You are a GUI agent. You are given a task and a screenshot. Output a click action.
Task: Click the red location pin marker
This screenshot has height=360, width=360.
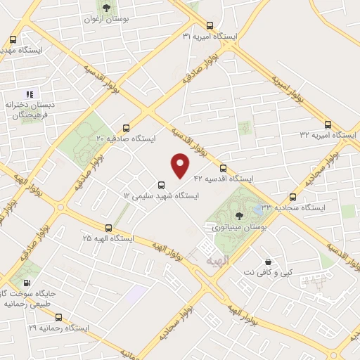[x=181, y=165]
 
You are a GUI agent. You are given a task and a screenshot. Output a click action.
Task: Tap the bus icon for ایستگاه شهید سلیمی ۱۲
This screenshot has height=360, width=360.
[x=162, y=186]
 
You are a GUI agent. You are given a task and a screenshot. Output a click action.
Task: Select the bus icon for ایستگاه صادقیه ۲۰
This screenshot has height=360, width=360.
[x=126, y=128]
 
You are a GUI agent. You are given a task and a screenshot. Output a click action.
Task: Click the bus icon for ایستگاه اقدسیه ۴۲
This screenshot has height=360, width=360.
[x=223, y=169]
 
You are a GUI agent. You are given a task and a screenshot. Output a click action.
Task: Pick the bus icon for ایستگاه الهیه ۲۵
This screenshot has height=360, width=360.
[x=108, y=228]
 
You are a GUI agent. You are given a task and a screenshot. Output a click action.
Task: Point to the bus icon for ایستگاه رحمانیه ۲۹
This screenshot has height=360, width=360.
[x=58, y=317]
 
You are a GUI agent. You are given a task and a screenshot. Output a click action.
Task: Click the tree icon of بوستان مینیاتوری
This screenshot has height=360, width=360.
[x=239, y=216]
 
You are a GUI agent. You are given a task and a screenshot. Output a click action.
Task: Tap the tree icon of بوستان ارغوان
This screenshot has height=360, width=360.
[x=105, y=8]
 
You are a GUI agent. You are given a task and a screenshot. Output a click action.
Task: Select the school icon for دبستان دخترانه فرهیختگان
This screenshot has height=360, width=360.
[x=30, y=94]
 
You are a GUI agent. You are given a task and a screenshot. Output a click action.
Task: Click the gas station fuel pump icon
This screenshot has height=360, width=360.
[x=27, y=283]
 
